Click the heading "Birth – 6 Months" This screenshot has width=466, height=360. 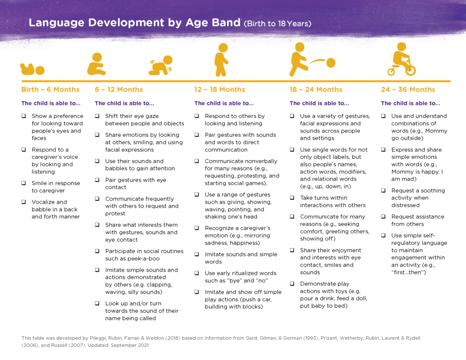point(51,90)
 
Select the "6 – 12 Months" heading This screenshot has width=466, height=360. point(119,90)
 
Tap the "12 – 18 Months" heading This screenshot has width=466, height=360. point(220,90)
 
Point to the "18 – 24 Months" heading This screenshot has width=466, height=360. point(316,90)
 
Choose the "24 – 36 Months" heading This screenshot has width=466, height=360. point(408,90)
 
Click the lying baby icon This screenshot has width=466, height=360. point(32,69)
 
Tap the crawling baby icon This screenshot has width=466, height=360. point(161,66)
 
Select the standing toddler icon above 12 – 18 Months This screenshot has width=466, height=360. point(222,60)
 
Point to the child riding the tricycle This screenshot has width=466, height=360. point(401,60)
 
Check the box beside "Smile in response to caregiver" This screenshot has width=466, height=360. point(23,183)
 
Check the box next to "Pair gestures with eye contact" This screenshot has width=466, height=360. point(97,180)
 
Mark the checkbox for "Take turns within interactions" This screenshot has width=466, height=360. point(292,198)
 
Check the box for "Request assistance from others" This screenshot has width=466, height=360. point(383,217)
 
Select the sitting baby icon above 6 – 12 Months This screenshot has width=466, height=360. point(96,64)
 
